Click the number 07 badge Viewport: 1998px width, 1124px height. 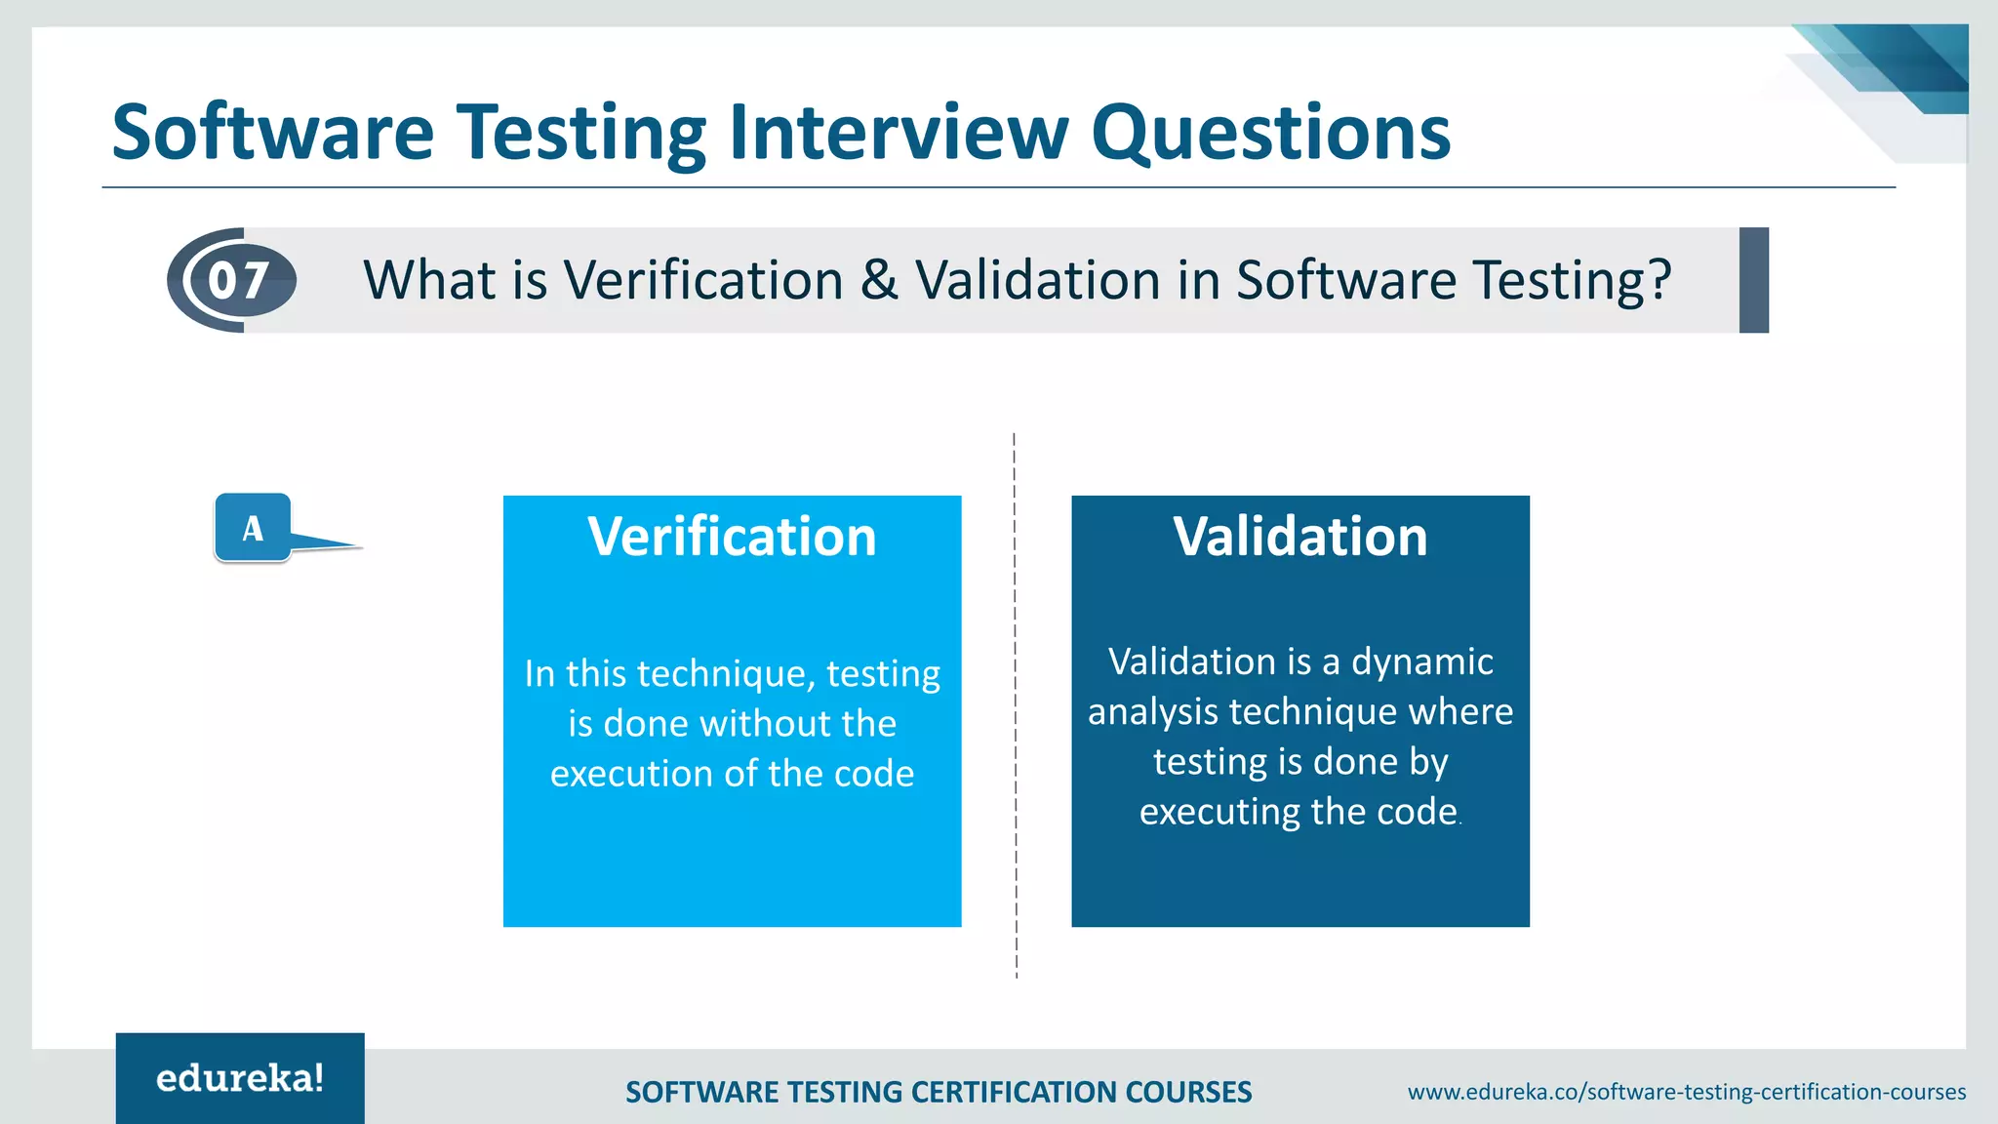click(238, 281)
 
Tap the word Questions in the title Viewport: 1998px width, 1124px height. click(1270, 134)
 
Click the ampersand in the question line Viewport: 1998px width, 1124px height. click(879, 280)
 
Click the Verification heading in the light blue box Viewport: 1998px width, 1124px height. click(732, 537)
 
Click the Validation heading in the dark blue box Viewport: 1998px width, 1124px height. click(1299, 537)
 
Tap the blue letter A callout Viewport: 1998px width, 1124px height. click(254, 528)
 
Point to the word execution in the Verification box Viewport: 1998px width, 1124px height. click(631, 774)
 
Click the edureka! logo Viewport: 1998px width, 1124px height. click(240, 1078)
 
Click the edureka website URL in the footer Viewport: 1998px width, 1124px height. click(1686, 1092)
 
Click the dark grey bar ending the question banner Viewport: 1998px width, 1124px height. click(1753, 280)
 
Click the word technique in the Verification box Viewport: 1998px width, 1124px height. click(721, 674)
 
